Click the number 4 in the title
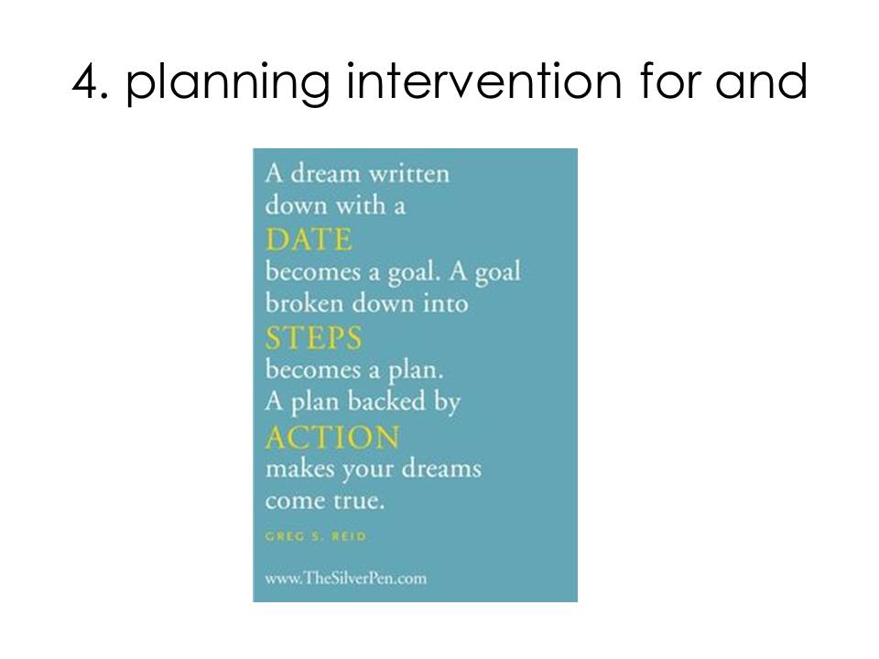click(x=86, y=81)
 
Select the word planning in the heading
click(x=227, y=84)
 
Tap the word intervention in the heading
click(x=483, y=81)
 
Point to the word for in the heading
click(x=668, y=81)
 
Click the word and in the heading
click(x=761, y=81)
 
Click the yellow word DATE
click(x=309, y=239)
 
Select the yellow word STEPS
click(x=313, y=338)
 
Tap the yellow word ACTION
click(x=332, y=438)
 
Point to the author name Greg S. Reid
click(x=316, y=536)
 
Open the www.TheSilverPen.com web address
click(x=346, y=578)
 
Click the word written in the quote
click(x=408, y=174)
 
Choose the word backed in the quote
click(x=386, y=401)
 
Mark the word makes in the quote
click(x=300, y=468)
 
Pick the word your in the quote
click(x=368, y=470)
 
